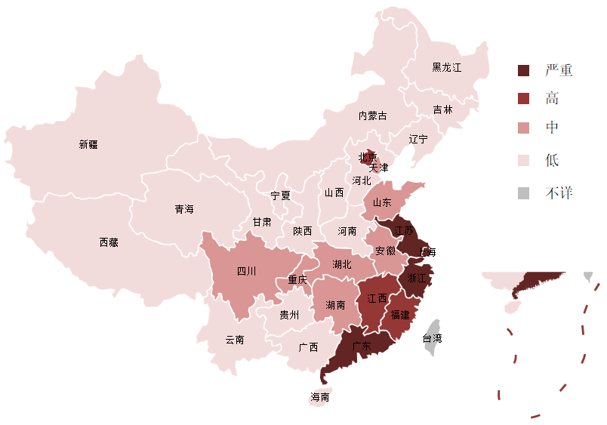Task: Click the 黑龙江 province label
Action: tap(446, 67)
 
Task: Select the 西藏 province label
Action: tap(109, 242)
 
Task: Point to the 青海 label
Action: tap(184, 208)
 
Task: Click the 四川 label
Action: tap(246, 271)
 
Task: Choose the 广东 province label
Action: tap(362, 346)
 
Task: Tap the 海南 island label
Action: tap(319, 396)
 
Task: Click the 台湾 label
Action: tap(433, 338)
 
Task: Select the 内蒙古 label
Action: tap(372, 115)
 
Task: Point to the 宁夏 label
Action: tap(280, 195)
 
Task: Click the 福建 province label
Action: tap(400, 314)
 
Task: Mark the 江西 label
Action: tap(377, 298)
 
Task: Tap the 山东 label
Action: tap(382, 202)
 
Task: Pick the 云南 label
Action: tap(235, 340)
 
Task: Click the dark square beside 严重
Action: tap(524, 70)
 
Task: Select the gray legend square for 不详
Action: tap(524, 193)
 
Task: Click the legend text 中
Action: tap(552, 128)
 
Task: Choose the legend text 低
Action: tap(552, 160)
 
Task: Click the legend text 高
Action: tap(552, 98)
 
